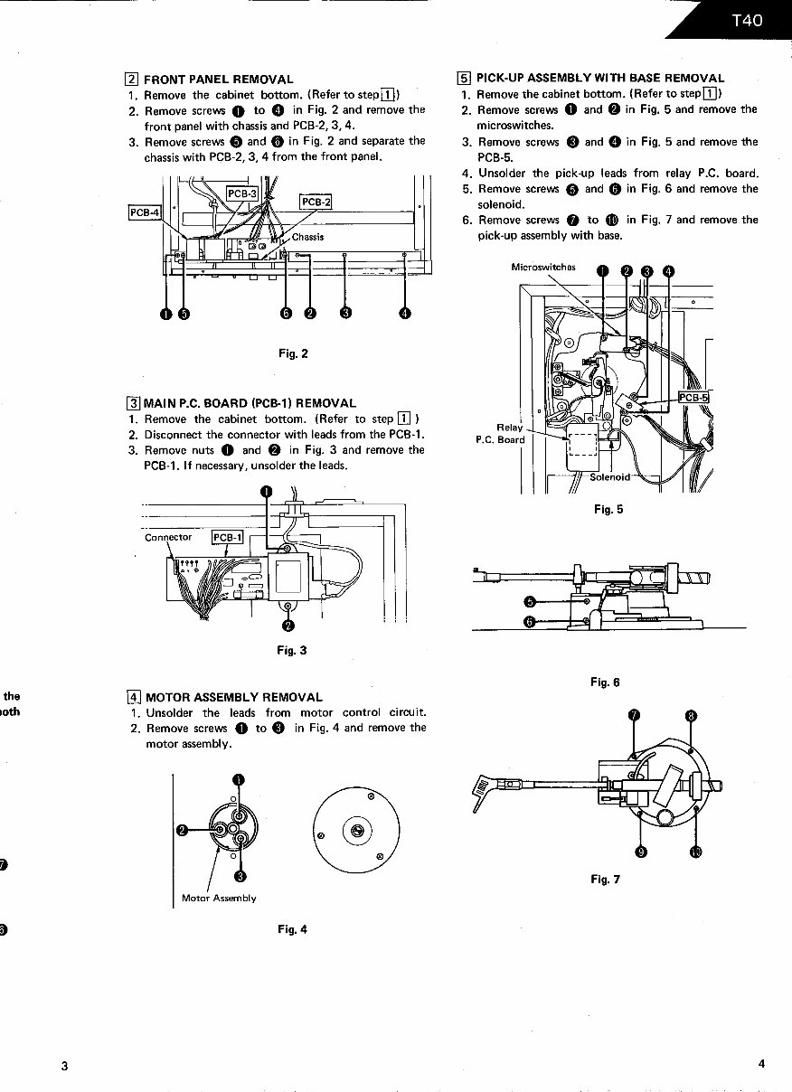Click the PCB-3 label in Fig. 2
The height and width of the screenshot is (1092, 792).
click(242, 193)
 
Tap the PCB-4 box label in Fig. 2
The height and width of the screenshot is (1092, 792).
click(144, 213)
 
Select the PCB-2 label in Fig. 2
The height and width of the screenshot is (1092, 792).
click(316, 202)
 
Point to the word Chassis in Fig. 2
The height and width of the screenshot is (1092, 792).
click(307, 238)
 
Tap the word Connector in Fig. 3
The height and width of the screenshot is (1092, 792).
click(168, 537)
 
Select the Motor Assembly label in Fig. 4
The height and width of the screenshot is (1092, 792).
click(219, 898)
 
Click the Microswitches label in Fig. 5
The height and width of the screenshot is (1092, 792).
click(543, 268)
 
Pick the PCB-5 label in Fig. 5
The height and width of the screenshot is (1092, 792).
click(694, 398)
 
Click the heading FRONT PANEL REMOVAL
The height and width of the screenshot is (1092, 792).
click(218, 80)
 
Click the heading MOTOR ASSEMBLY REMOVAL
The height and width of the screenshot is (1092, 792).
click(233, 697)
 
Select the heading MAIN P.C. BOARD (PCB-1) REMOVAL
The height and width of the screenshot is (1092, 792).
click(250, 403)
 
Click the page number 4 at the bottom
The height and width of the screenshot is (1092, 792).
click(761, 1064)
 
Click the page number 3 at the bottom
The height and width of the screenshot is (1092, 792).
click(64, 1066)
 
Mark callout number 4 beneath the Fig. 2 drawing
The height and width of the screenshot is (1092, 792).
click(404, 314)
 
